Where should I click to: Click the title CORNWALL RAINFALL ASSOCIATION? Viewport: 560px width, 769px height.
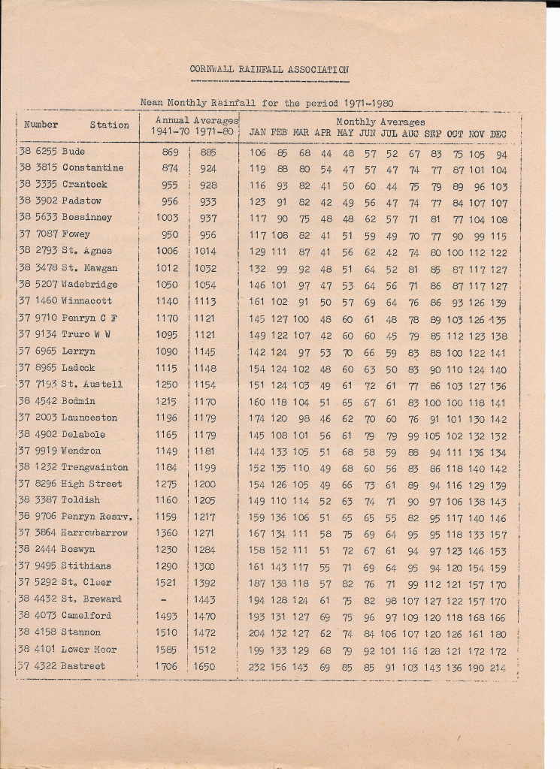coord(268,70)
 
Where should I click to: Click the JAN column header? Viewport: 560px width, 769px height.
coord(257,134)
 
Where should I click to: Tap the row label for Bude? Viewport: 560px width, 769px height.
coord(74,152)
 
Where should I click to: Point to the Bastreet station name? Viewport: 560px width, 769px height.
coord(83,666)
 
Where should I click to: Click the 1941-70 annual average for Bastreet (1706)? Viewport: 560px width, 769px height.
coord(166,666)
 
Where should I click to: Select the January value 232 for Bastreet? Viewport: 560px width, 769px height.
coord(257,667)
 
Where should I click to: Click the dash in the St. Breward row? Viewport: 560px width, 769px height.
coord(165,599)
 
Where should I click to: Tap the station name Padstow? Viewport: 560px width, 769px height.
coord(82,201)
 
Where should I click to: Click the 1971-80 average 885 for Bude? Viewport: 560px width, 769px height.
coord(208,152)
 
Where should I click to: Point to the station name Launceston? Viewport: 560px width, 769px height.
coord(89,418)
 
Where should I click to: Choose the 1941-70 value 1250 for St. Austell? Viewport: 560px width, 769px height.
coord(166,384)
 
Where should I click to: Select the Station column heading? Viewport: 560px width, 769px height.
coord(109,125)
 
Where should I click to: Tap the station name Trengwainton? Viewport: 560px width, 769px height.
coord(95,467)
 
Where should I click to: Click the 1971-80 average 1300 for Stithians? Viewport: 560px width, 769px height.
coord(204,566)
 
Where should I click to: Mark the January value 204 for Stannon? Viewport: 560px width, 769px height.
coord(257,633)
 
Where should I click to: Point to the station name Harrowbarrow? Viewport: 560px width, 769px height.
coord(95,533)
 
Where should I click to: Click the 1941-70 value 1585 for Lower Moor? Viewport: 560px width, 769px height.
coord(166,650)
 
